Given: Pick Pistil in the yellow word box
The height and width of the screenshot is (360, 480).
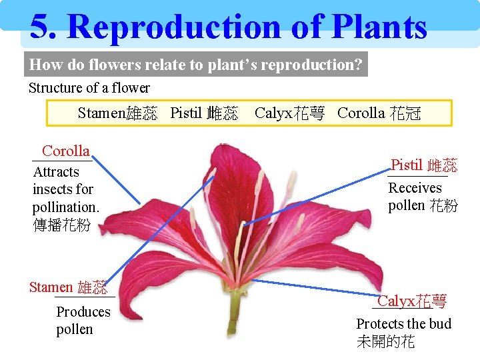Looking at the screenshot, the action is click(x=186, y=113).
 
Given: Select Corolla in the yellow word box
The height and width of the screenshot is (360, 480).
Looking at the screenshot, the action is click(x=361, y=113).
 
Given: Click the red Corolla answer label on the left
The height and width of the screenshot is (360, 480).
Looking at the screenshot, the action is click(x=65, y=151).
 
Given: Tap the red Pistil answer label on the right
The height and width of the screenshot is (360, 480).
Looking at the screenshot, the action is click(x=407, y=165).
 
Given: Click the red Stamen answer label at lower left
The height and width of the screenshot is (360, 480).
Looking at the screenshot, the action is click(x=51, y=287).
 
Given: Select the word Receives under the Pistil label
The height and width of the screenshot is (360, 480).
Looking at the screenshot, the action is click(x=415, y=188).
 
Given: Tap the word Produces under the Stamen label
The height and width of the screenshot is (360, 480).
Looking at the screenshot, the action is click(x=83, y=312).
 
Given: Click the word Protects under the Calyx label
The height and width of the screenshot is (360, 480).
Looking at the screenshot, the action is click(x=379, y=324).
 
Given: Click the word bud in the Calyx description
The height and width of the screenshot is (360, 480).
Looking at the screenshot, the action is click(x=440, y=324).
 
